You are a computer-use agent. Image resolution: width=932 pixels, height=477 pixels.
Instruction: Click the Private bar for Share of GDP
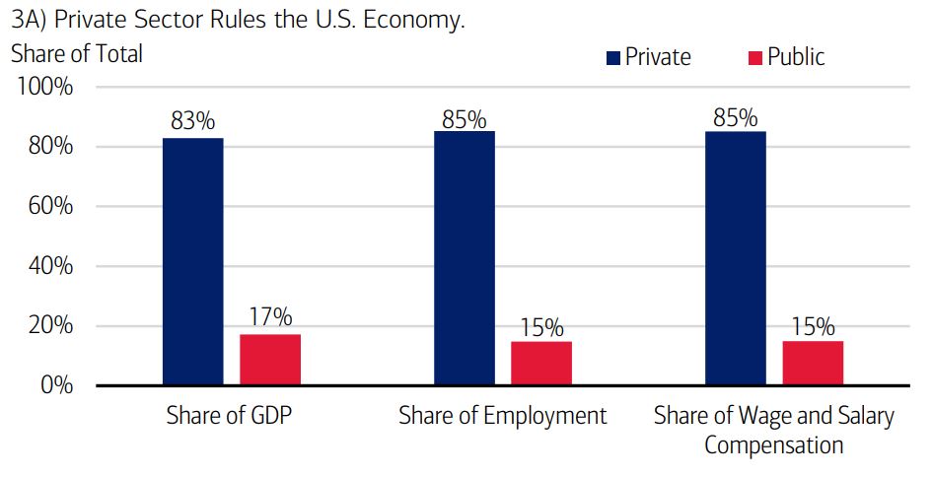click(193, 261)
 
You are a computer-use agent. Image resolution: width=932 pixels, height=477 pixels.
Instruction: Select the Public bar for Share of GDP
click(270, 360)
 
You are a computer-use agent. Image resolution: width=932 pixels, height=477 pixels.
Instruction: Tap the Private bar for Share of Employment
click(465, 258)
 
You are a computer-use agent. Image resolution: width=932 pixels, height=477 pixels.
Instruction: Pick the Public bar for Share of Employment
click(541, 363)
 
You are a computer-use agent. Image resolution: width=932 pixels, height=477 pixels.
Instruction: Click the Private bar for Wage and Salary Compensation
click(736, 258)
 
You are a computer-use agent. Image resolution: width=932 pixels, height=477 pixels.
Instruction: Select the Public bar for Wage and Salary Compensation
click(813, 363)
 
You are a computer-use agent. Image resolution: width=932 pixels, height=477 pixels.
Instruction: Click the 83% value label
click(192, 122)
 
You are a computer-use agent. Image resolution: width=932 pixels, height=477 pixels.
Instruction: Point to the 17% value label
click(270, 317)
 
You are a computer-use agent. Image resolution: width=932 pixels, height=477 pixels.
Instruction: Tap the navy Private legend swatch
click(613, 58)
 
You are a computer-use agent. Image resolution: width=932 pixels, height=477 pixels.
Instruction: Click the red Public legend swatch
click(755, 58)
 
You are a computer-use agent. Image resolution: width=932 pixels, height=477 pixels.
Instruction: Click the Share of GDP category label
click(231, 416)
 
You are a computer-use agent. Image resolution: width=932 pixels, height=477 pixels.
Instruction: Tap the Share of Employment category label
click(503, 416)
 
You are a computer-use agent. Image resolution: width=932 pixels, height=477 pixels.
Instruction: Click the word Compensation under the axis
click(774, 445)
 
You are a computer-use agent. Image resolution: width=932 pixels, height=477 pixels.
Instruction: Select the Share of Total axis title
click(77, 54)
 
